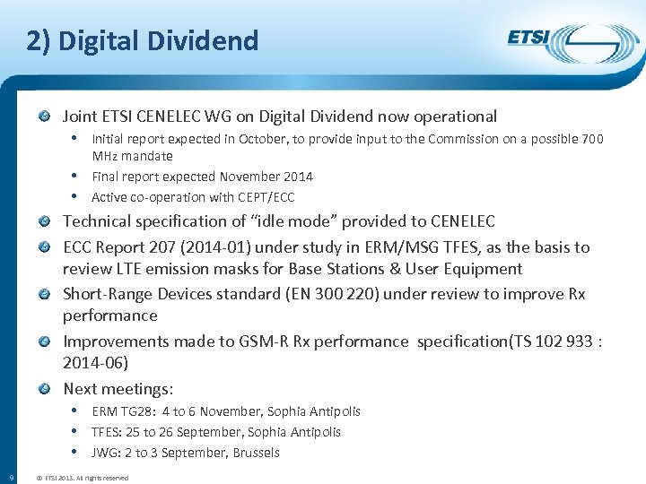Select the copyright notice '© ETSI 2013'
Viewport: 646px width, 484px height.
tap(82, 478)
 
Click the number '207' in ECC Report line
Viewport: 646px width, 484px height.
tap(162, 247)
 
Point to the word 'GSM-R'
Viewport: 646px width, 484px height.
tap(262, 341)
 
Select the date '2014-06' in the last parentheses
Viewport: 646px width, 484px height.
tap(96, 363)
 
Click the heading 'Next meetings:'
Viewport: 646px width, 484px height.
tap(118, 389)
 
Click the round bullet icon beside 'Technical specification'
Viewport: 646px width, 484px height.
tap(46, 221)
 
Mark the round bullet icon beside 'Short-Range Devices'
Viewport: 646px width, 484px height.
tap(46, 294)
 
